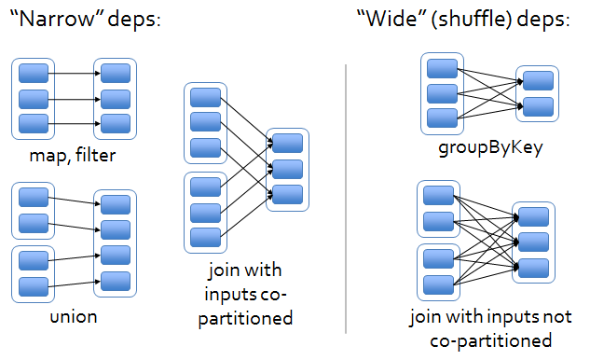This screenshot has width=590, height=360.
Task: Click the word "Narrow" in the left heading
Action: click(x=61, y=21)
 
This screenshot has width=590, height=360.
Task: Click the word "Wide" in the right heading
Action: click(x=391, y=21)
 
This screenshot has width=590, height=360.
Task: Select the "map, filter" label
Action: click(x=75, y=154)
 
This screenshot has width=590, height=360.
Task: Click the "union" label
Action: click(x=75, y=317)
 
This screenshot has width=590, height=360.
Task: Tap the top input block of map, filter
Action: click(x=34, y=73)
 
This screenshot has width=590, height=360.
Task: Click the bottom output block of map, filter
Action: click(x=116, y=123)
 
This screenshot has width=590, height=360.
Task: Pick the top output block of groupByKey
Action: click(x=537, y=81)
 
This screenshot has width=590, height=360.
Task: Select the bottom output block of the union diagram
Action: click(x=116, y=281)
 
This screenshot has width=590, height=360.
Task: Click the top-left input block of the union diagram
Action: click(x=34, y=198)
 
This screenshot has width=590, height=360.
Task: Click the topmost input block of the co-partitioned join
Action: click(x=204, y=97)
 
